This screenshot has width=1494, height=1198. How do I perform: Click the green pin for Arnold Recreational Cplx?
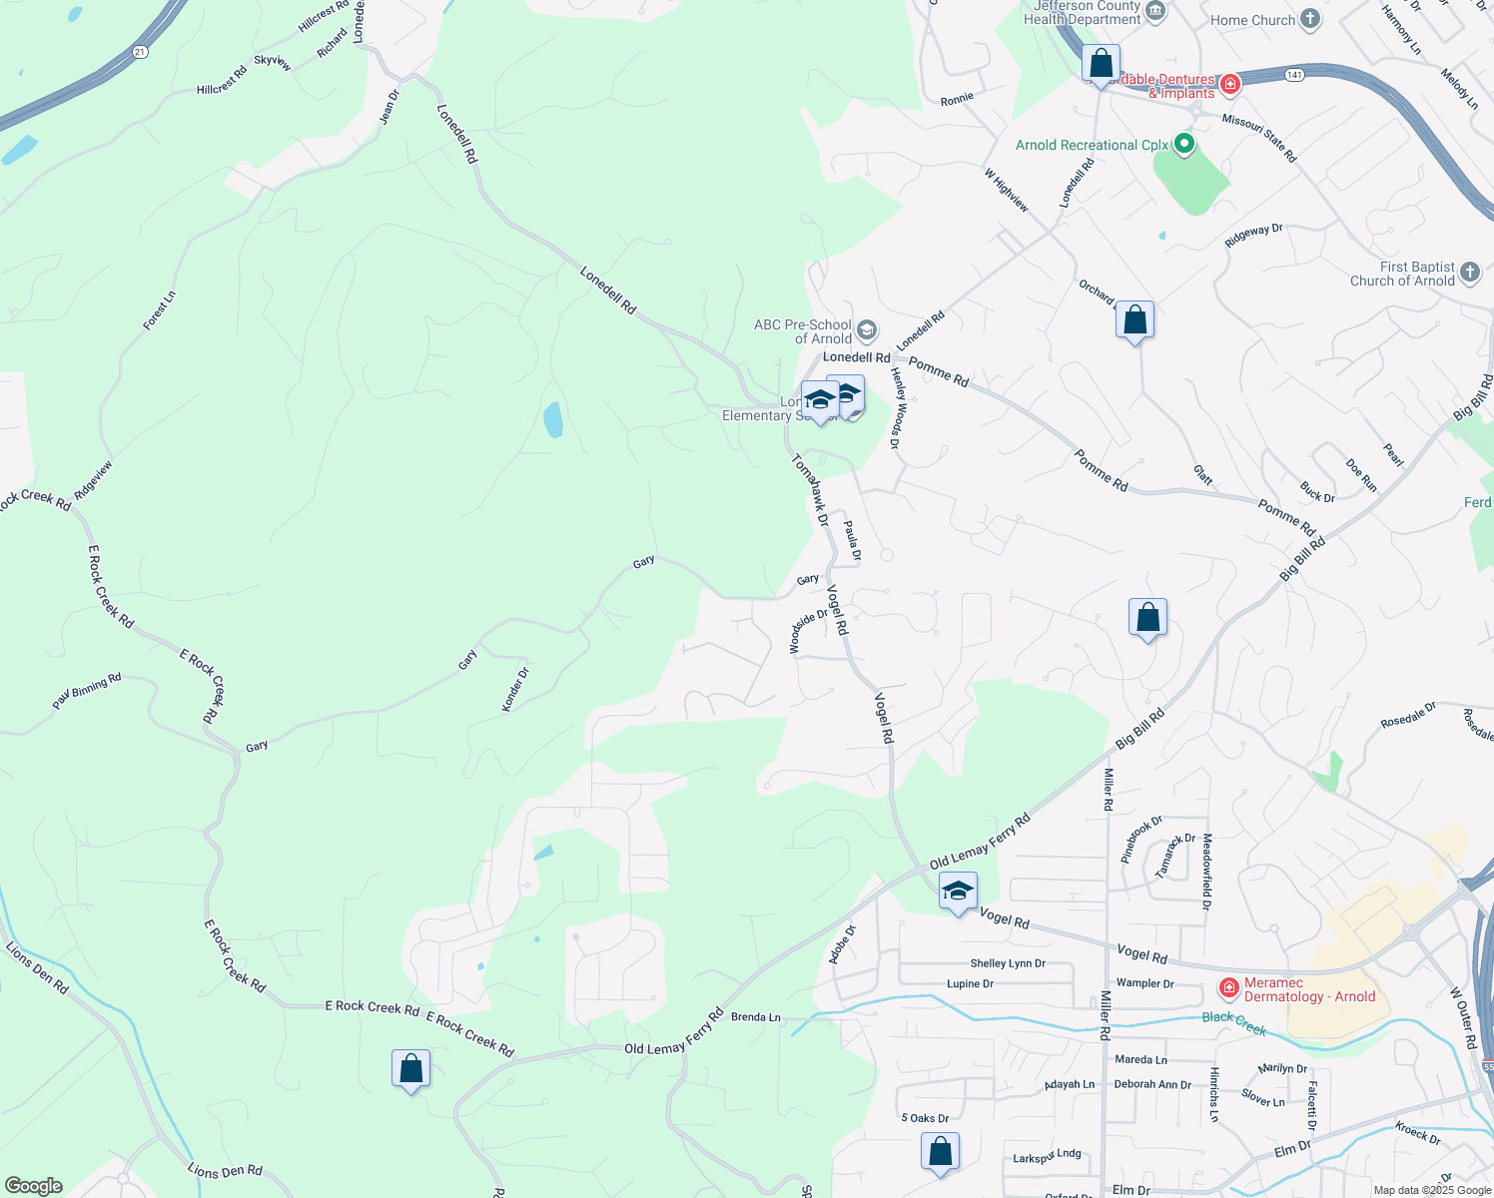(1183, 145)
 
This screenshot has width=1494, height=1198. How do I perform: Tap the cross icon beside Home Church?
(1310, 19)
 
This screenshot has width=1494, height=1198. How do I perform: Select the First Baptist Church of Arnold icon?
(1469, 272)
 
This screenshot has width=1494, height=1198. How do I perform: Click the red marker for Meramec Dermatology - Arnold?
(1229, 989)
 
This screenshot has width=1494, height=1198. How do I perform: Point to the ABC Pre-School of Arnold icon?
(867, 330)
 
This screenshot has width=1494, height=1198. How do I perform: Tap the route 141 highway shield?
(1294, 75)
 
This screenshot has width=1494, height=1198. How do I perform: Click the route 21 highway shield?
(139, 52)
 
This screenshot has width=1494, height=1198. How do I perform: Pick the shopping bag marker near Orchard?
(1134, 320)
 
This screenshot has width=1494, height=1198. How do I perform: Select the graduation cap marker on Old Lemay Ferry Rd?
(958, 891)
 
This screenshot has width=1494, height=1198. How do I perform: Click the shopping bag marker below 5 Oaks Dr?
(940, 1151)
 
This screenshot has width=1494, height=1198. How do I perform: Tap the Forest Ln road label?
(160, 309)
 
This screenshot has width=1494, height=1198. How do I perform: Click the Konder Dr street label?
(515, 690)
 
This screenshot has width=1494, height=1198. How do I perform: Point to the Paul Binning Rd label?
(87, 692)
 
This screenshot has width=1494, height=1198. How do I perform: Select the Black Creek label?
(1234, 1022)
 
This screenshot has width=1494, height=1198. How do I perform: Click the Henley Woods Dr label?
(897, 407)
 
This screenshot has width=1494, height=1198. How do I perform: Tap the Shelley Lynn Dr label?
(1008, 963)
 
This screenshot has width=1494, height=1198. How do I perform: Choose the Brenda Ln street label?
(756, 1017)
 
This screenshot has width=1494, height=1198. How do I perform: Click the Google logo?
(34, 1186)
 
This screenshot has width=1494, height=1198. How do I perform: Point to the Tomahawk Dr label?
(811, 490)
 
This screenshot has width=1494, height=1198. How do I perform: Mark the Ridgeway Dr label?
(1253, 236)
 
